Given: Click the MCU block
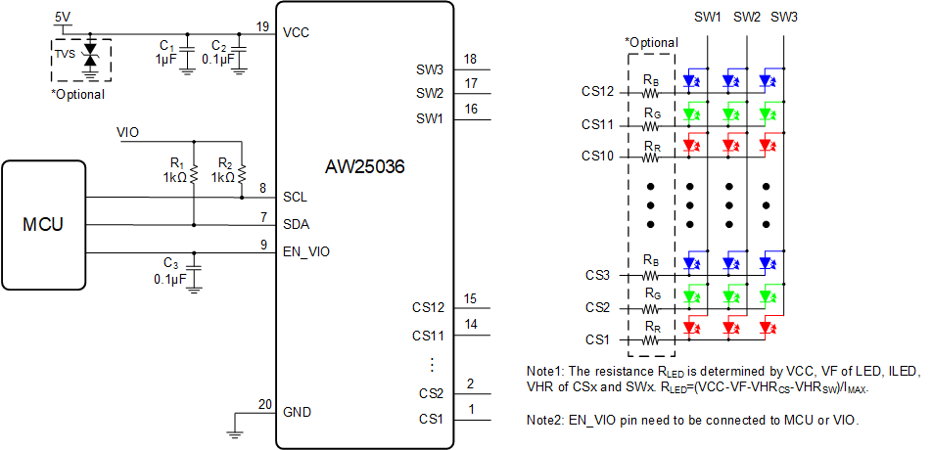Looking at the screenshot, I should [44, 225].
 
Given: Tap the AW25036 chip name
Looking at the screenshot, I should [364, 167].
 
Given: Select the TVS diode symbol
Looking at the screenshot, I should [90, 54].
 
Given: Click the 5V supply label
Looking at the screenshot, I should [63, 18].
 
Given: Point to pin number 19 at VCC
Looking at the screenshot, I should [261, 25].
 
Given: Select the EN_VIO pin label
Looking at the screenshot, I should [306, 251].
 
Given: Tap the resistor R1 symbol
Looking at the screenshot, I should [194, 174].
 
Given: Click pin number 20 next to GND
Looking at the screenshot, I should [261, 405].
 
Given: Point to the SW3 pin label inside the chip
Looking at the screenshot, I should [430, 69].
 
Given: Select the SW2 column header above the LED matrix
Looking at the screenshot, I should [747, 18].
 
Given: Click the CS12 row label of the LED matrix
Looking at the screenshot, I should [597, 92].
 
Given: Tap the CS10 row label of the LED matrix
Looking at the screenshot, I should [597, 156].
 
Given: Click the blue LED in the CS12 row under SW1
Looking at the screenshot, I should [691, 81].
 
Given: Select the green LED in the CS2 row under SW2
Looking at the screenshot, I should [729, 294].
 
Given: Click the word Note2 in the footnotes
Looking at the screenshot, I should [545, 420].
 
